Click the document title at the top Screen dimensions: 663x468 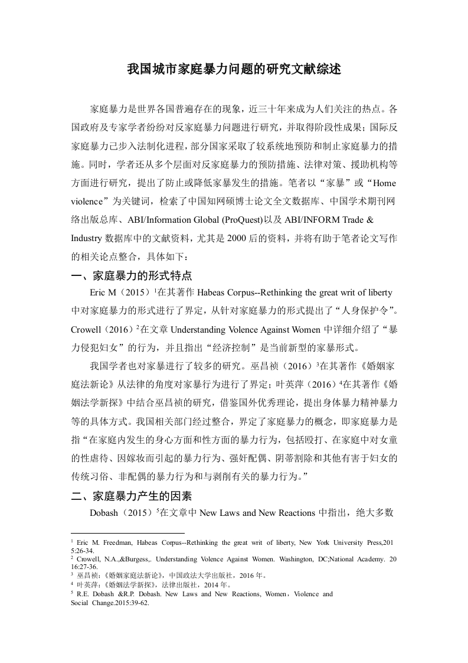tap(234, 69)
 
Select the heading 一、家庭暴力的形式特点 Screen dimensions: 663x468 tap(131, 276)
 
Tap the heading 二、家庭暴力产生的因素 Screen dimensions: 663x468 tap(131, 496)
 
